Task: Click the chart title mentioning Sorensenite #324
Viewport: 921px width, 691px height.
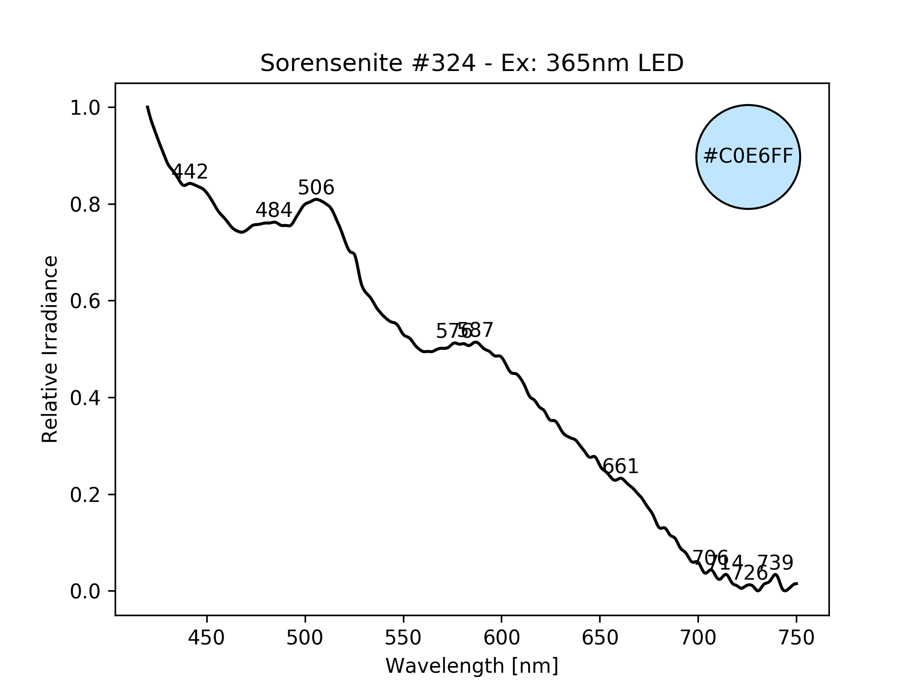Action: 472,63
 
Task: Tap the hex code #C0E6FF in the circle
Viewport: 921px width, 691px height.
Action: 748,157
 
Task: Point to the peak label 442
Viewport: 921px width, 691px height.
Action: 189,171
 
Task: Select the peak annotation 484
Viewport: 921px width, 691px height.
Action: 273,210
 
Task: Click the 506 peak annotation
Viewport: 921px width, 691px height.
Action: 316,188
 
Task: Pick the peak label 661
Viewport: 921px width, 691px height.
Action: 620,466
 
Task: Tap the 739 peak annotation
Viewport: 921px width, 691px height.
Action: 775,562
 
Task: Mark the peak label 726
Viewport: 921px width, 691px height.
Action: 750,573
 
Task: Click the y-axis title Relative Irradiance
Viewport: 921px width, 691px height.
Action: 50,349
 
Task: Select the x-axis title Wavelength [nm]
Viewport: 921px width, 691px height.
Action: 472,666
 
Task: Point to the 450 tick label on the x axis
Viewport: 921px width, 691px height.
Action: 207,638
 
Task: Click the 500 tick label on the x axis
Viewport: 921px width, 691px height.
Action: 305,638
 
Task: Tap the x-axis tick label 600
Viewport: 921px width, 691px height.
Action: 501,638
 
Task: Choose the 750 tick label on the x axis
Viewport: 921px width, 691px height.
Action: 796,638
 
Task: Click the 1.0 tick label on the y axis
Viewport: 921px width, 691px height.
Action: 85,108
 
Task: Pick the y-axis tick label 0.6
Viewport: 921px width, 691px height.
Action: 85,301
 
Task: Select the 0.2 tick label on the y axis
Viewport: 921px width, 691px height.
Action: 85,495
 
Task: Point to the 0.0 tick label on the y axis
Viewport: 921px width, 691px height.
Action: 85,592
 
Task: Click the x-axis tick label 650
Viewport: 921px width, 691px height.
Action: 600,638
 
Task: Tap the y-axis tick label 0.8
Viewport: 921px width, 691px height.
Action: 85,205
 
